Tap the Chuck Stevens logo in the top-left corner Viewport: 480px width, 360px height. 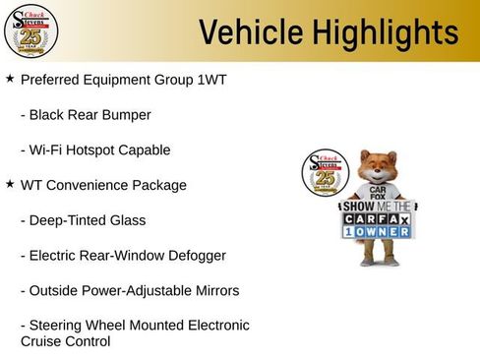point(30,30)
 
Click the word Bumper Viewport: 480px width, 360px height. point(126,115)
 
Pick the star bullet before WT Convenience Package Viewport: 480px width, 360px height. point(10,184)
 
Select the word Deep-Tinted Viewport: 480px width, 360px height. point(66,220)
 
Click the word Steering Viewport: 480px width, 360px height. point(57,326)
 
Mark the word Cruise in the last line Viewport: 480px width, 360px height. point(42,342)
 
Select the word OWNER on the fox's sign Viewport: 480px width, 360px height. point(385,232)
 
